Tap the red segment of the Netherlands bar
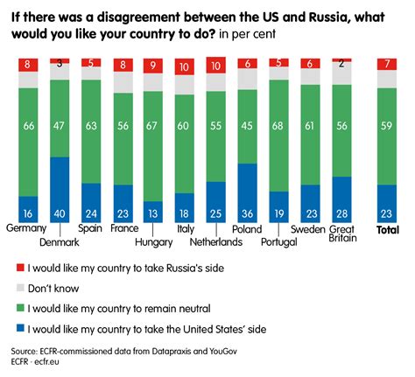point(216,65)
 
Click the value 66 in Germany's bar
point(29,128)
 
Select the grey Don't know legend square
point(20,288)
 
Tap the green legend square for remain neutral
point(20,308)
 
